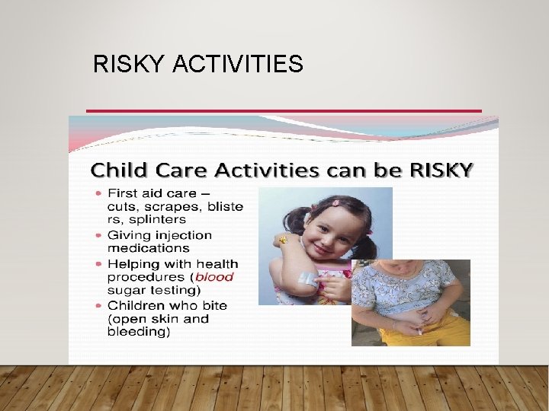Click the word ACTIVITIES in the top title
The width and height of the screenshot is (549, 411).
pos(238,65)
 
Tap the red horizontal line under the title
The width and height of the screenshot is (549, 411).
pos(284,111)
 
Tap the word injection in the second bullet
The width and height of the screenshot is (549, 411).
pos(183,235)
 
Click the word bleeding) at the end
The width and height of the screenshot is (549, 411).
pos(138,332)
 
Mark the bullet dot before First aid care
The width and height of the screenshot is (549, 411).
pos(99,193)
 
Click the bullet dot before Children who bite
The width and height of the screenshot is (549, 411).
pos(99,306)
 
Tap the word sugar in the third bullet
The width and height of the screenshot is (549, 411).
pos(126,290)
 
